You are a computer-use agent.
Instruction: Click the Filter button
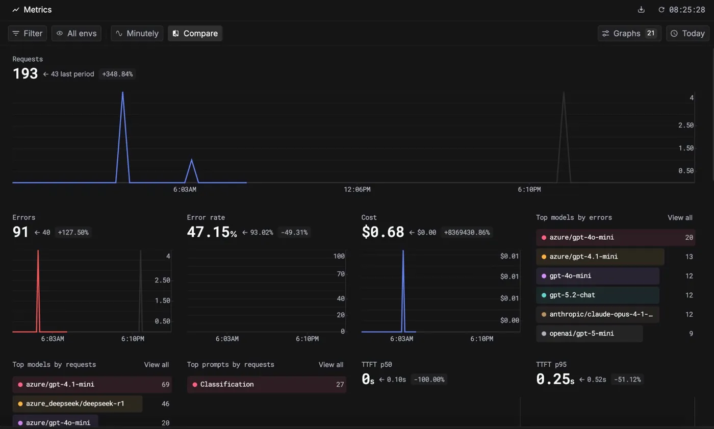pyautogui.click(x=28, y=34)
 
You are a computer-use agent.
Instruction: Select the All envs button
pyautogui.click(x=76, y=34)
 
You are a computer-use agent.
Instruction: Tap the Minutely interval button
pyautogui.click(x=137, y=34)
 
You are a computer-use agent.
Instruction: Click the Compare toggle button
pyautogui.click(x=195, y=34)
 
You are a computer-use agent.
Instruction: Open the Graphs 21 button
pyautogui.click(x=629, y=34)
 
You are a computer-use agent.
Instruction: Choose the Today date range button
pyautogui.click(x=687, y=34)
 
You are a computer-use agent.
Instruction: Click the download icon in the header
pyautogui.click(x=642, y=10)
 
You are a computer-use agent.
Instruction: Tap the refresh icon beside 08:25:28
pyautogui.click(x=661, y=10)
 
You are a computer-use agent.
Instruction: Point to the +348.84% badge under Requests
pyautogui.click(x=117, y=74)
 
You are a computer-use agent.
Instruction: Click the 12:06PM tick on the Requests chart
pyautogui.click(x=357, y=189)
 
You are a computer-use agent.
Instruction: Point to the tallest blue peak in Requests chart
pyautogui.click(x=123, y=93)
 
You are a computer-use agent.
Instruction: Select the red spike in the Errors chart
pyautogui.click(x=38, y=253)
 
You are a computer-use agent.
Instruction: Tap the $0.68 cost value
pyautogui.click(x=382, y=232)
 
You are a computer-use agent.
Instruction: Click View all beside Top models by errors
pyautogui.click(x=680, y=217)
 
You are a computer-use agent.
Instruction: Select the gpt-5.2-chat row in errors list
pyautogui.click(x=597, y=295)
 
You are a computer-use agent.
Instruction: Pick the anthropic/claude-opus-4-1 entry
pyautogui.click(x=597, y=314)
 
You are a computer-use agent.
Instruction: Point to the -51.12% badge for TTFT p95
pyautogui.click(x=627, y=380)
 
